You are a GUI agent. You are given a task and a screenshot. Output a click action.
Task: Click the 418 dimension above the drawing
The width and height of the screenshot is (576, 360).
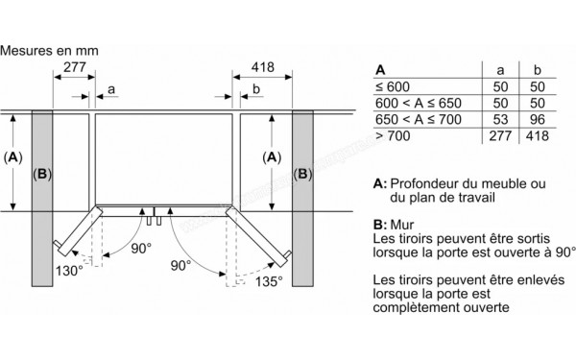261,67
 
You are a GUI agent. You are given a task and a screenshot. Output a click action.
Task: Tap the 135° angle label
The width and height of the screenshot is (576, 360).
267,281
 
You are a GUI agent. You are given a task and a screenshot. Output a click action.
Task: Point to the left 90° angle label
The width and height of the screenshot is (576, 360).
141,248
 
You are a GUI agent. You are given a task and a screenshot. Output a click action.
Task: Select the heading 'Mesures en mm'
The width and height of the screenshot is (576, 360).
49,47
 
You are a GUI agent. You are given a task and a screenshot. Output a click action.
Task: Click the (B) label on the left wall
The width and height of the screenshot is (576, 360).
41,175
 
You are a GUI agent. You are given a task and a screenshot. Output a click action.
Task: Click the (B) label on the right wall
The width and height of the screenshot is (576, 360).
302,175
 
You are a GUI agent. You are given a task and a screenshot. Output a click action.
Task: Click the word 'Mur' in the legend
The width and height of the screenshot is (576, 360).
405,225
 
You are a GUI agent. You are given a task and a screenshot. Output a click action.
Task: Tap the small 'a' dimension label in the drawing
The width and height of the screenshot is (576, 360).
111,89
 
